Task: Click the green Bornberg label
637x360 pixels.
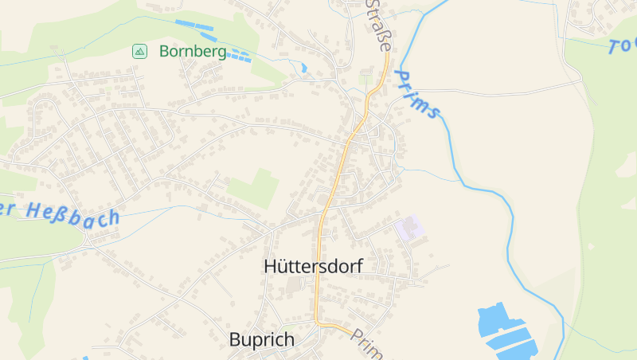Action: (x=192, y=52)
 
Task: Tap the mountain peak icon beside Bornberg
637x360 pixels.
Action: (x=139, y=52)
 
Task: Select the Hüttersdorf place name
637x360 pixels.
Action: (x=312, y=267)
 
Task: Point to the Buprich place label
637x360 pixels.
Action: (x=261, y=340)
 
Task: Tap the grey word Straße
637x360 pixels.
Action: (x=379, y=25)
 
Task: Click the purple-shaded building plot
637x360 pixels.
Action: (x=409, y=229)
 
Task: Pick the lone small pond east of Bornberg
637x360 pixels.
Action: (x=303, y=68)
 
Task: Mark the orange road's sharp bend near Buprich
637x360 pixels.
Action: (x=319, y=322)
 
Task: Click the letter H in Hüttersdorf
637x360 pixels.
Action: (x=270, y=267)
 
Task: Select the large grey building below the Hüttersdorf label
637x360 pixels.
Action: (x=295, y=284)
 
